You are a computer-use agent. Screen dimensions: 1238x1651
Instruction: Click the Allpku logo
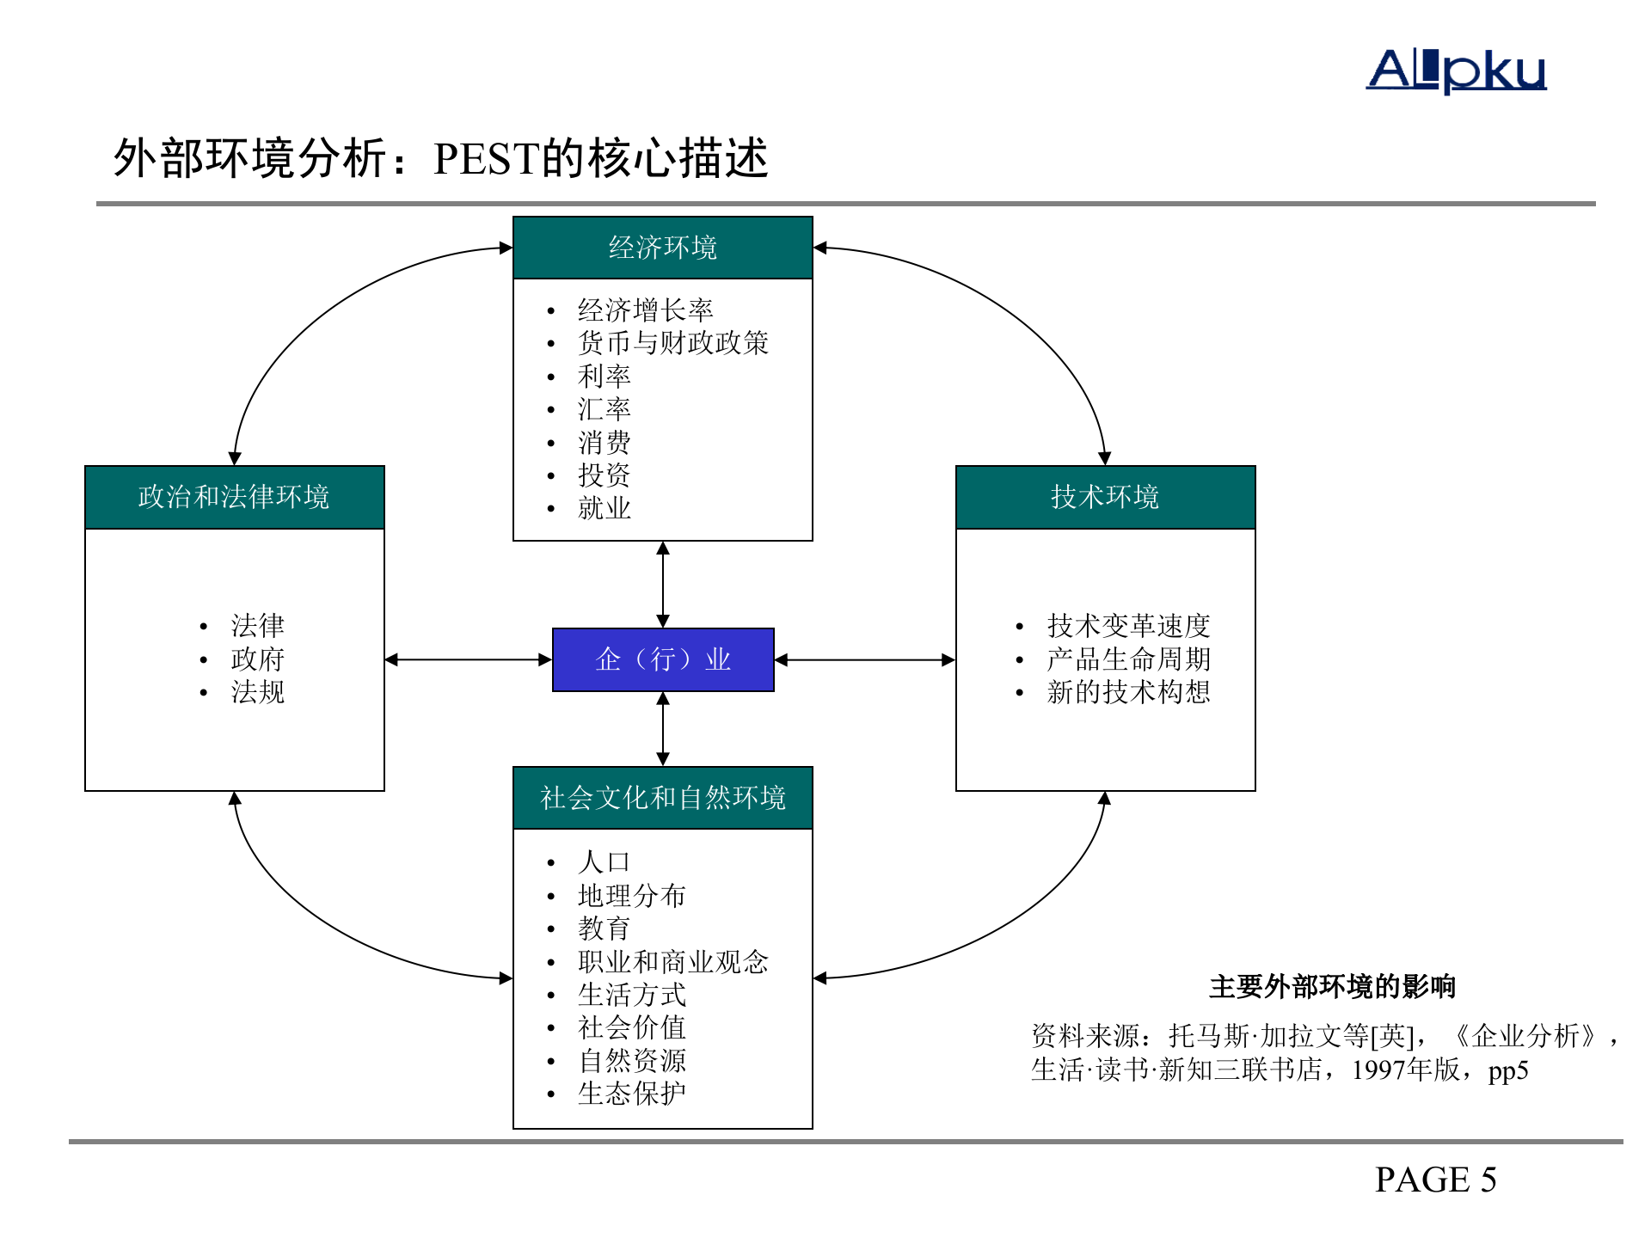[1456, 70]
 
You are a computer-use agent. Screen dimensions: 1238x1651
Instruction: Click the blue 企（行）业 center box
[663, 659]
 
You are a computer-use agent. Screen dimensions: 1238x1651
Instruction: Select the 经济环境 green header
[662, 248]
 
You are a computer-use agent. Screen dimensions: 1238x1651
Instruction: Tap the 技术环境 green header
[1105, 497]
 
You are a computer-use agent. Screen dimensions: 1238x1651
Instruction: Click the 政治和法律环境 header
[234, 497]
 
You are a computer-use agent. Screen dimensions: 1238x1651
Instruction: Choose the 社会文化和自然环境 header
[662, 798]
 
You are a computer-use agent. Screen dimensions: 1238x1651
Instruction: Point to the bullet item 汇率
[604, 409]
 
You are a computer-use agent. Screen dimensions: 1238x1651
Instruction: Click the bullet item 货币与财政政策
[672, 343]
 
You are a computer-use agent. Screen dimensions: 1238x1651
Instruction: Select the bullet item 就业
[604, 508]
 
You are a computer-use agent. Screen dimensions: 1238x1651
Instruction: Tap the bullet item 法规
[257, 692]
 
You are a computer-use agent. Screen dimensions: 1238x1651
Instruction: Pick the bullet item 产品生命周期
[1128, 659]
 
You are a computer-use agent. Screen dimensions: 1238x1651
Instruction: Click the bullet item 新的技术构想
[1128, 692]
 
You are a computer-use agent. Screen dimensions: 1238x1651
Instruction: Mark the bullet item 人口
[604, 861]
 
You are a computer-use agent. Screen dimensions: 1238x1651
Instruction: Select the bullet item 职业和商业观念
[672, 961]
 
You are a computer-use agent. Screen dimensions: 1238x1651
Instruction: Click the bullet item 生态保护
[631, 1094]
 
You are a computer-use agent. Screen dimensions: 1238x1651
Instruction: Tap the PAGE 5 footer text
[1435, 1180]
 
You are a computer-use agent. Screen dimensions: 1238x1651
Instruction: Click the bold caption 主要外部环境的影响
[1332, 986]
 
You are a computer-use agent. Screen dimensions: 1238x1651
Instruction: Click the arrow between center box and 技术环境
[864, 660]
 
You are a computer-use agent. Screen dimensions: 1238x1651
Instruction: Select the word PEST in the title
[487, 159]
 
